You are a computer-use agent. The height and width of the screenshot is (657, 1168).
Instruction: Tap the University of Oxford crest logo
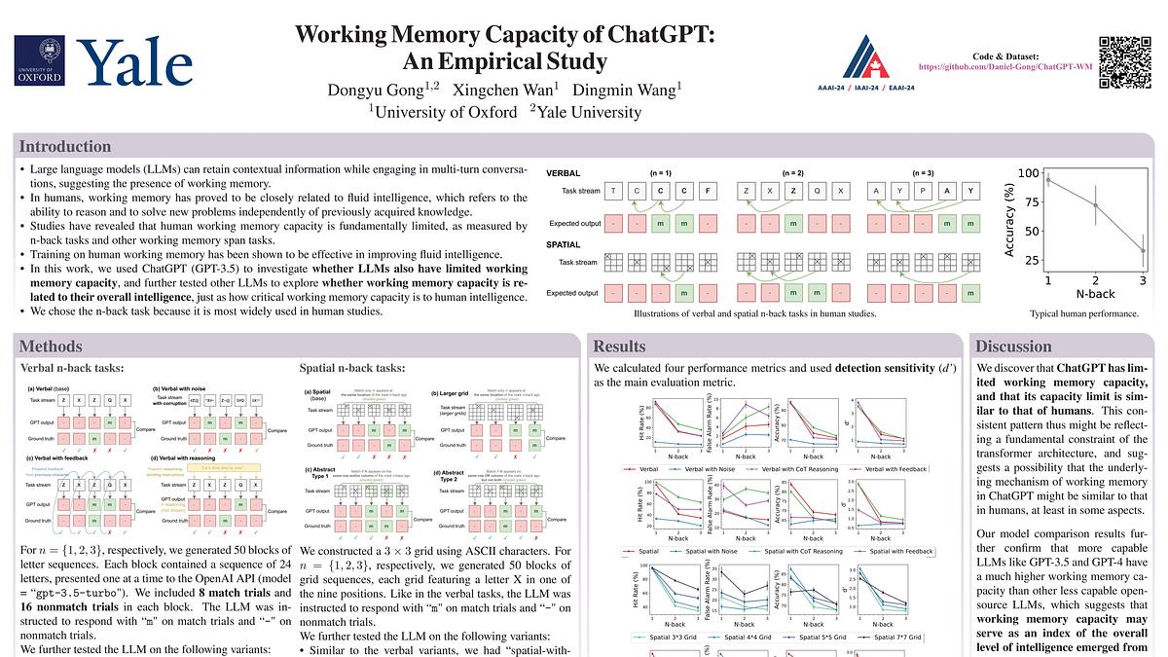pos(39,60)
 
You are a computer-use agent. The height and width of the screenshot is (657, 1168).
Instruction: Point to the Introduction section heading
pos(65,147)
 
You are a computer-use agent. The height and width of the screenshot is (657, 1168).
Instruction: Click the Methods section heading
pos(56,347)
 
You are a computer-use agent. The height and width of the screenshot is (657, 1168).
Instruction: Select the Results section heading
pos(619,347)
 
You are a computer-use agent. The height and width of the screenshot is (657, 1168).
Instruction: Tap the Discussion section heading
pos(1013,347)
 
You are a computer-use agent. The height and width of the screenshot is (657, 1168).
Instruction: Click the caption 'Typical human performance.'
pos(1084,314)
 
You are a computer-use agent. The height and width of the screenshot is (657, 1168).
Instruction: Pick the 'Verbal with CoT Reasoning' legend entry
pos(812,469)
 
